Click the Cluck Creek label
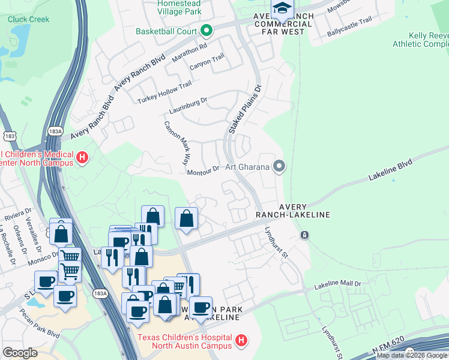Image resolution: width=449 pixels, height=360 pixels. (x=28, y=19)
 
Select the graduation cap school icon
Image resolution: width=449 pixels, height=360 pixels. (x=281, y=8)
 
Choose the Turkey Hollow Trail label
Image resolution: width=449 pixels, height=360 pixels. (x=164, y=94)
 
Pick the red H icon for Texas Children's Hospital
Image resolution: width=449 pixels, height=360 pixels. (x=241, y=341)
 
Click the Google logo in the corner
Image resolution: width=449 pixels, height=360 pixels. (x=20, y=353)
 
